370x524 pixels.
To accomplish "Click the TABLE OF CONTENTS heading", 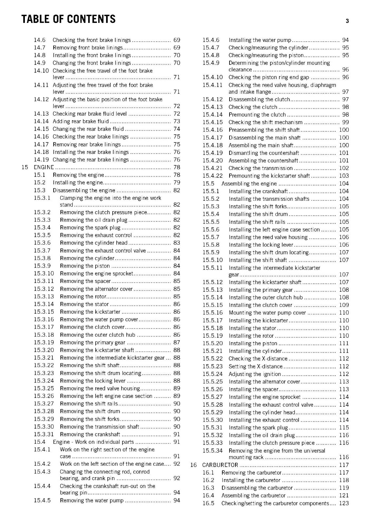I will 68,19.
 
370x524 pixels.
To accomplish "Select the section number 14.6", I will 40,40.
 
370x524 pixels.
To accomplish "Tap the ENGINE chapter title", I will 44,167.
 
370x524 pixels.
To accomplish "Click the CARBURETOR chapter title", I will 220,465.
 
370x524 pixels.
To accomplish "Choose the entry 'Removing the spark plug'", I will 90,228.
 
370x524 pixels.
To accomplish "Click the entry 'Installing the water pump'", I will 260,40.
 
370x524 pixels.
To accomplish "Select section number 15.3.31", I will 44,434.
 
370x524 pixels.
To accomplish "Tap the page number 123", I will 344,503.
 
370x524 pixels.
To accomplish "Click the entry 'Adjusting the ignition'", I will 255,374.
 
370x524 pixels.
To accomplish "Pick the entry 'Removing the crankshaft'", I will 90,434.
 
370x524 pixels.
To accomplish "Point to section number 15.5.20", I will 213,343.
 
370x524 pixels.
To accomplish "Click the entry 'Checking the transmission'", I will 261,168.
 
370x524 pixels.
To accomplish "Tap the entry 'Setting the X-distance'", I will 255,366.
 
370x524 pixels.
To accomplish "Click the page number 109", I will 344,305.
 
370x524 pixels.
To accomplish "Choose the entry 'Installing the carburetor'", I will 251,480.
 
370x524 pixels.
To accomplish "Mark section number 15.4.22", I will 213,176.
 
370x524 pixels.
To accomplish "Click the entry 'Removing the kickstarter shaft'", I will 97,350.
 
